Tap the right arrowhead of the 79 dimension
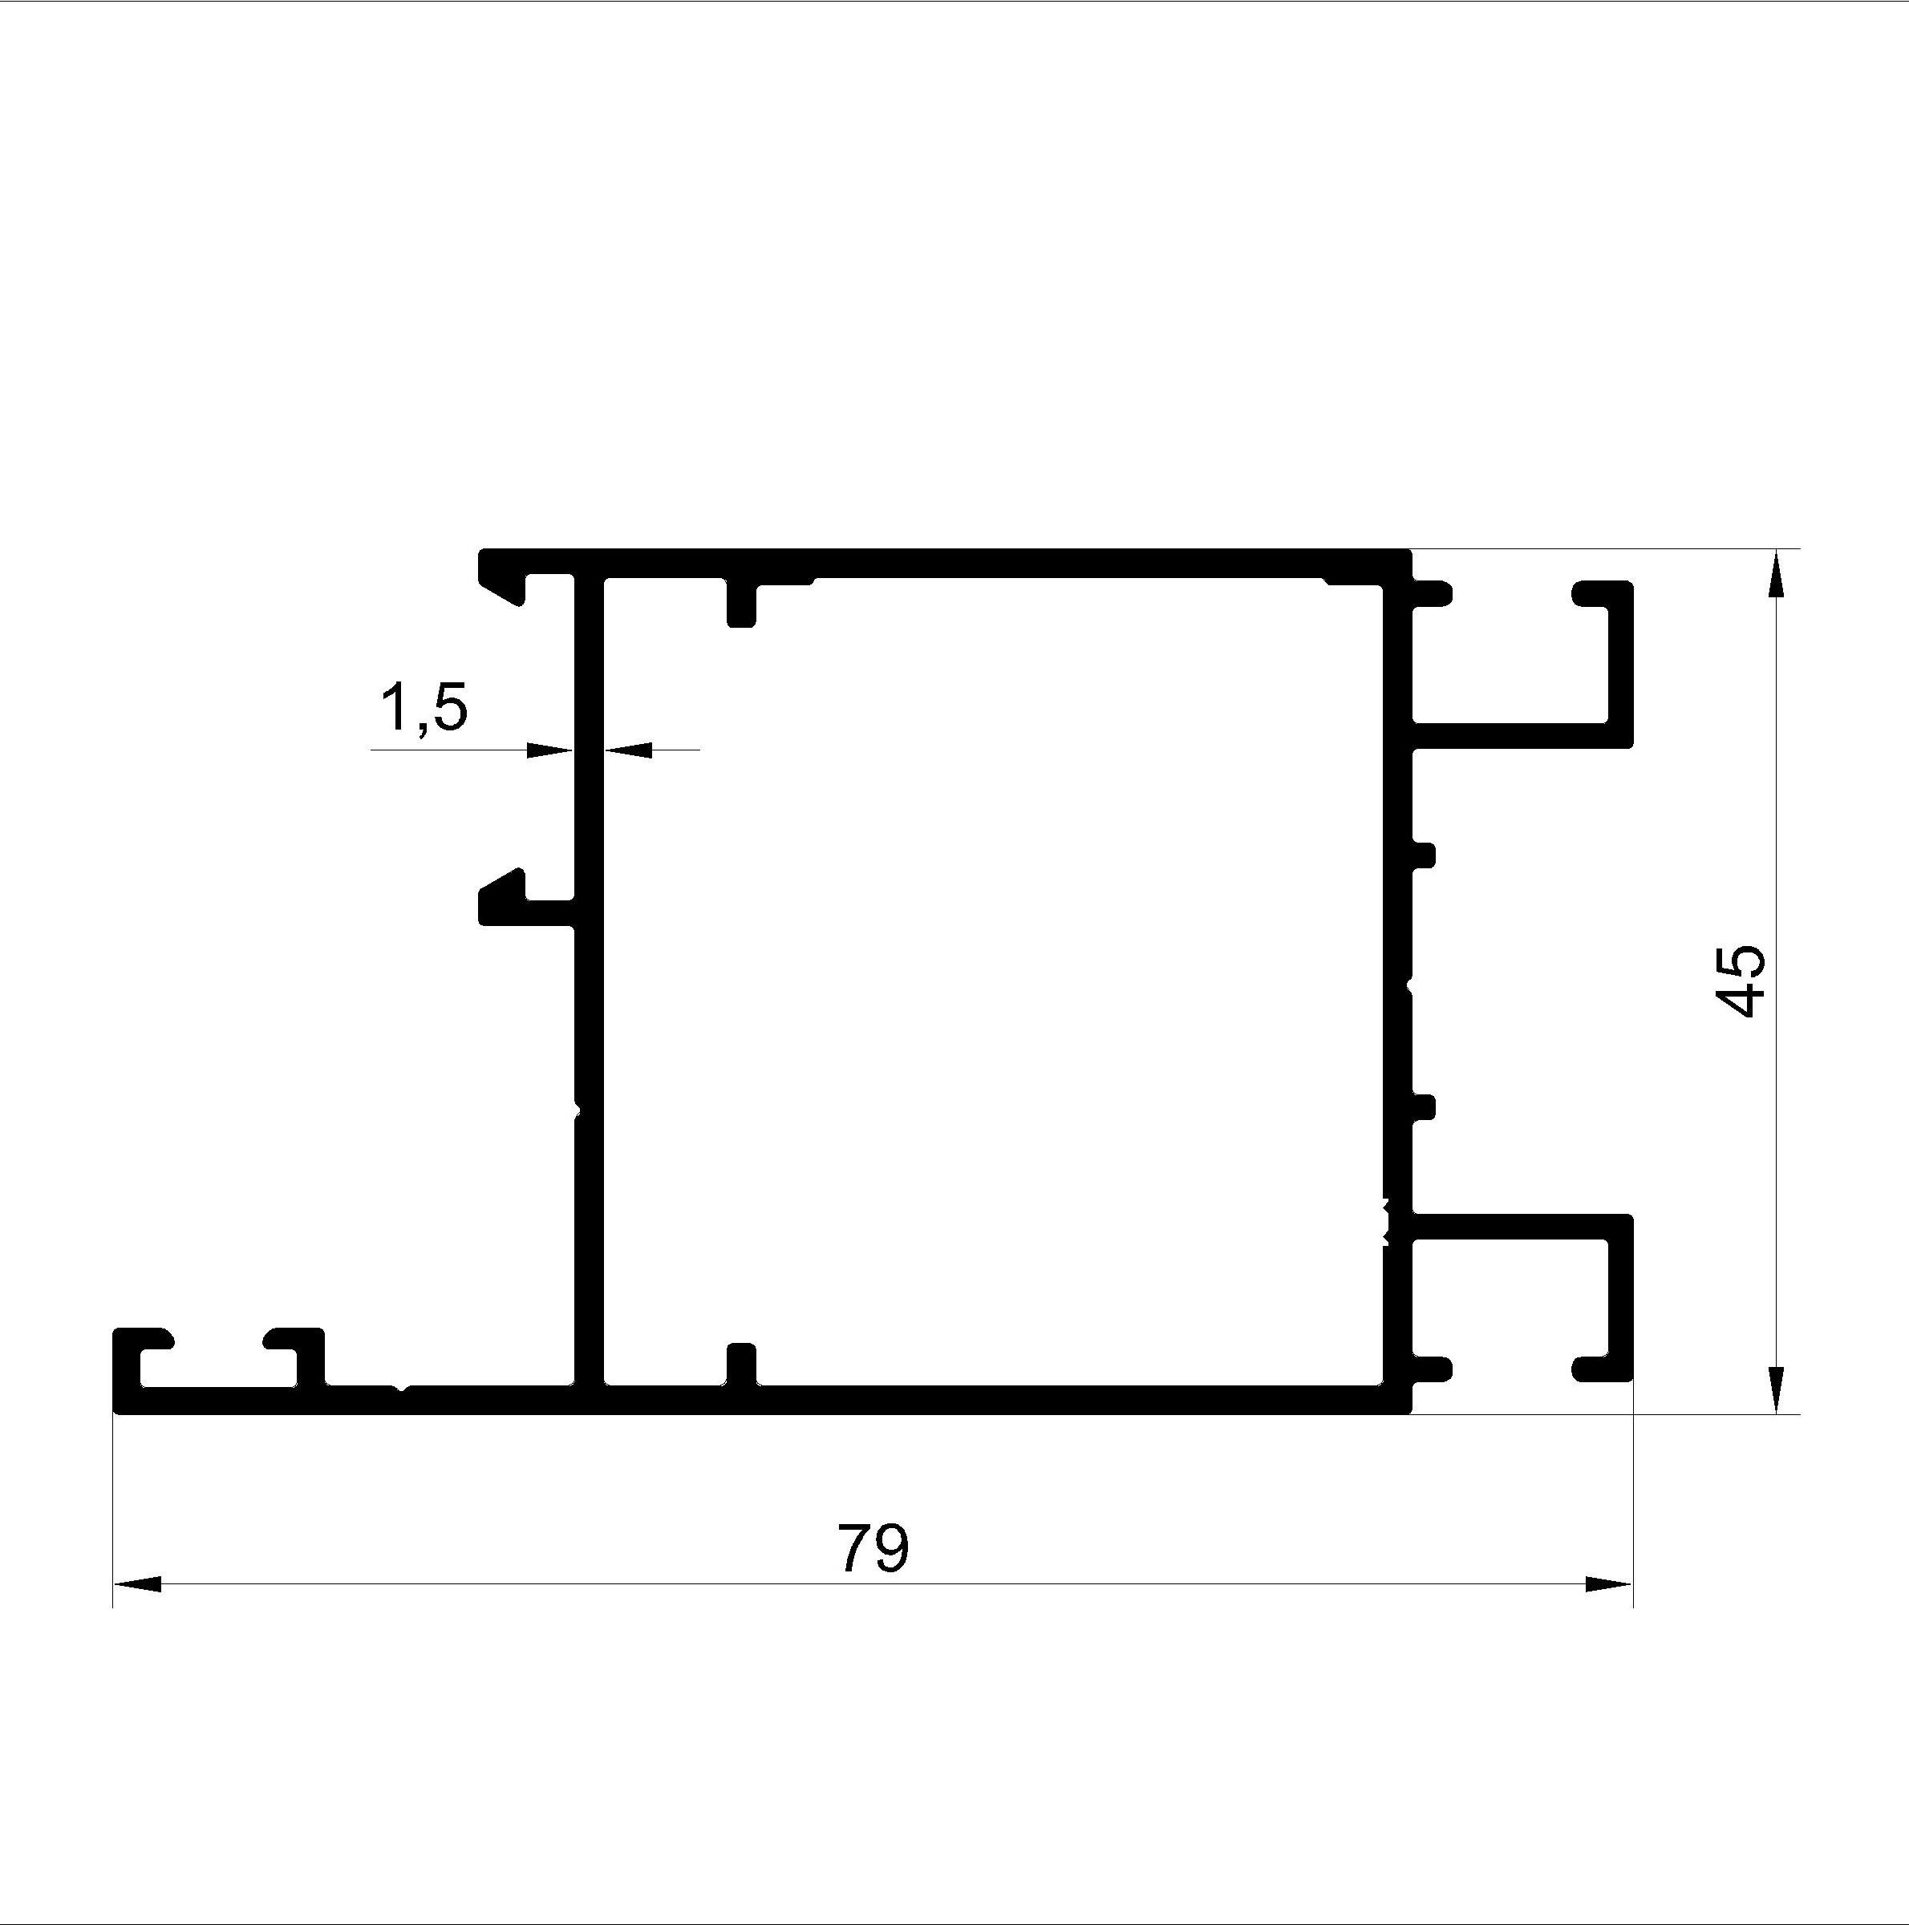(x=1609, y=1584)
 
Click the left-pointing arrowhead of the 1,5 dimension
(x=627, y=750)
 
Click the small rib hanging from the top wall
(x=742, y=603)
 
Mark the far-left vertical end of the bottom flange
(x=126, y=1370)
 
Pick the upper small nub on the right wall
(x=1424, y=855)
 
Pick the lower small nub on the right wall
(x=1424, y=1107)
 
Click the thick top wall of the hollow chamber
(x=945, y=563)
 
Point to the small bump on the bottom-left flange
(x=401, y=1387)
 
